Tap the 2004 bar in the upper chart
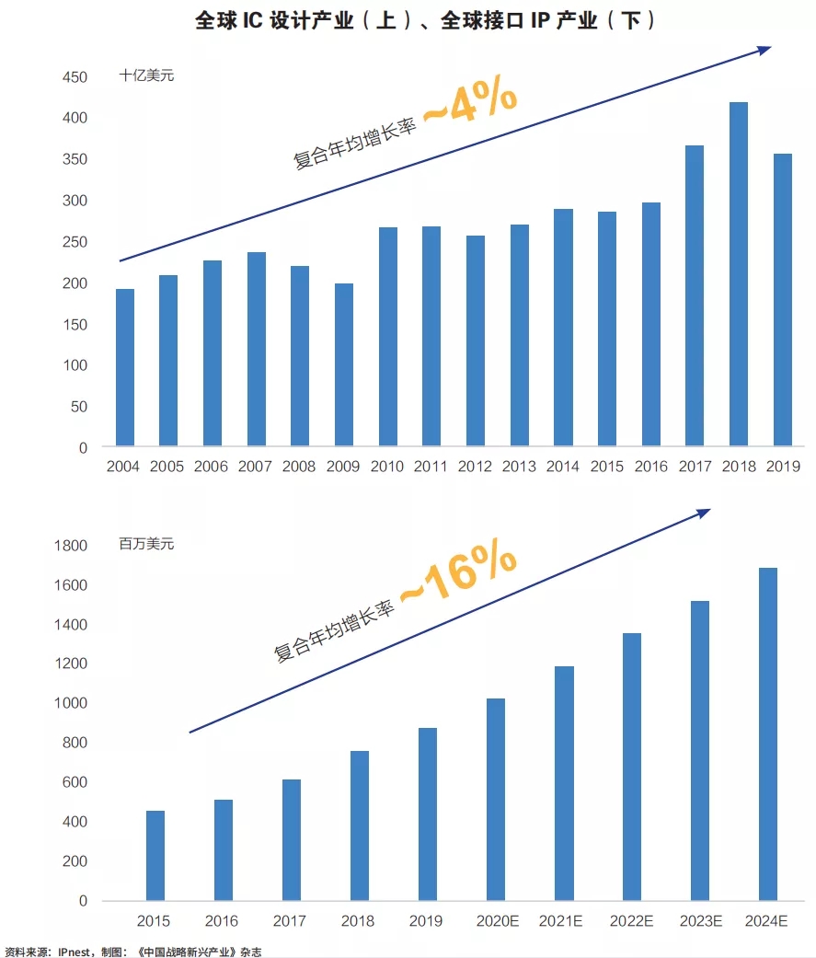click(x=124, y=368)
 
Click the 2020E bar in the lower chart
click(x=495, y=800)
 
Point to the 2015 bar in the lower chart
click(x=155, y=856)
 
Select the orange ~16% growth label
click(x=458, y=576)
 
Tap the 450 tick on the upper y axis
click(x=75, y=77)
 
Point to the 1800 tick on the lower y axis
click(x=70, y=546)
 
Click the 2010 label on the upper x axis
click(x=387, y=467)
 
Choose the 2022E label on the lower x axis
click(x=631, y=920)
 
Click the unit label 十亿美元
click(x=146, y=75)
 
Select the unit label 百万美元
click(x=146, y=544)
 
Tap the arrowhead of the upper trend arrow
click(x=764, y=50)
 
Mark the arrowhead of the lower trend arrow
click(x=704, y=512)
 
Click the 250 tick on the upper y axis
click(x=75, y=242)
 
